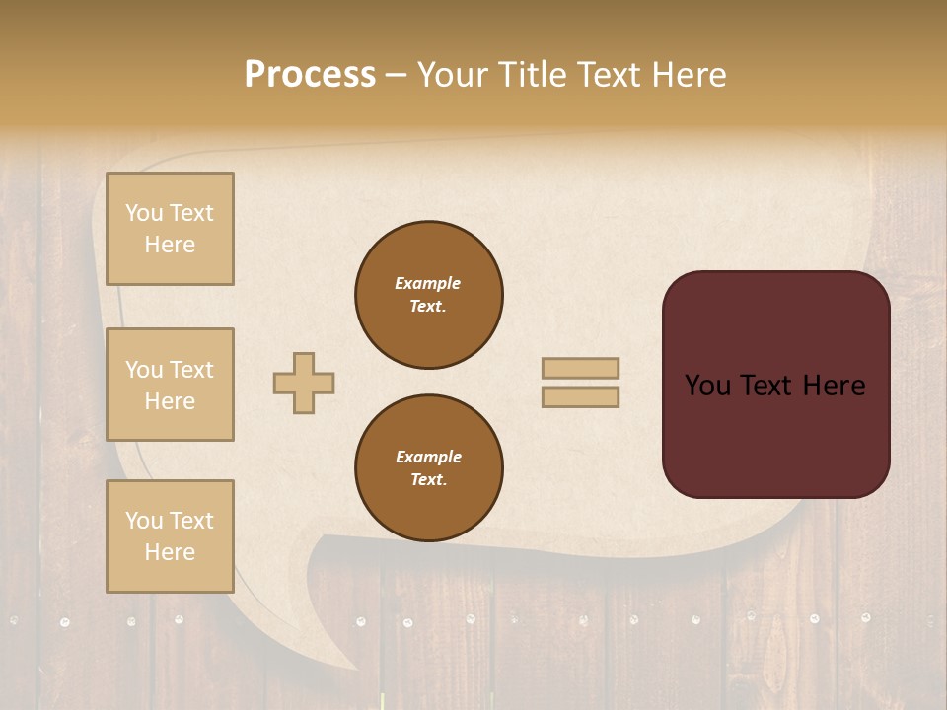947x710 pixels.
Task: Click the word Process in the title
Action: point(310,75)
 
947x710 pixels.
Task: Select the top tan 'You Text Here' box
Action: point(170,229)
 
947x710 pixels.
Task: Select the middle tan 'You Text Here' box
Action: point(170,385)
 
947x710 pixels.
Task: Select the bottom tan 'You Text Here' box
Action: point(170,535)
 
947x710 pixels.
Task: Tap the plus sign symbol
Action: point(304,382)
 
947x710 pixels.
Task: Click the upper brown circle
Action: point(429,295)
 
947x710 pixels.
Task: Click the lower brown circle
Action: point(429,468)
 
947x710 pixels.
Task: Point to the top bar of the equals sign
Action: point(580,368)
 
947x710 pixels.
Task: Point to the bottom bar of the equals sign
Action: point(580,396)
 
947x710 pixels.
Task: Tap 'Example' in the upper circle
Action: point(428,283)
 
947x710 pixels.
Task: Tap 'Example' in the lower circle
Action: point(428,457)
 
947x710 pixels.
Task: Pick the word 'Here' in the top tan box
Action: point(170,245)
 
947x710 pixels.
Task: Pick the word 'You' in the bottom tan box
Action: point(144,520)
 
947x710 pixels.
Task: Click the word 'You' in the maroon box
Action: point(707,386)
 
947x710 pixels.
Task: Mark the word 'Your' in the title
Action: point(453,75)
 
